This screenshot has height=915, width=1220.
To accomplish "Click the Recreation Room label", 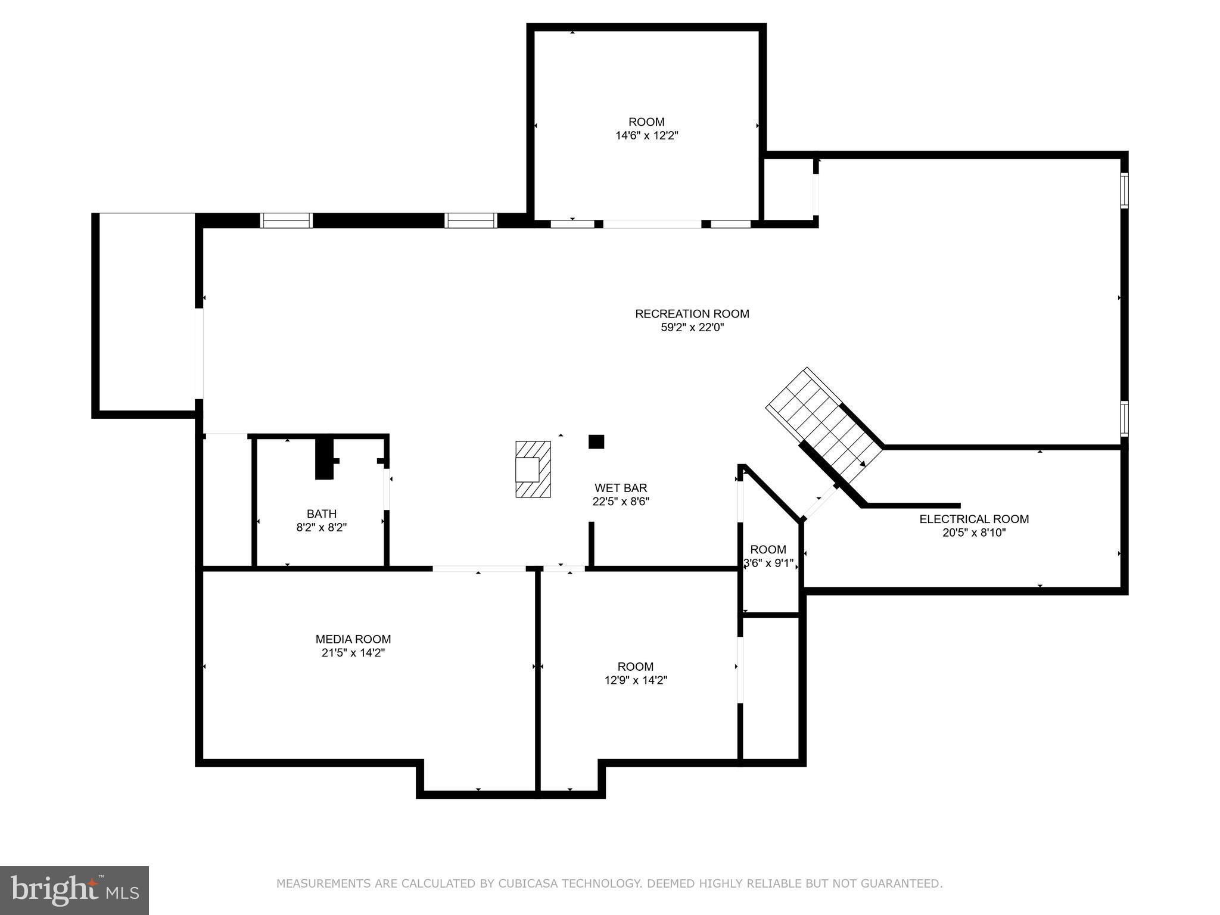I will point(692,314).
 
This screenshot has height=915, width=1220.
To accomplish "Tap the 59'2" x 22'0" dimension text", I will point(692,328).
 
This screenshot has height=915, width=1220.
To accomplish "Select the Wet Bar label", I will point(620,488).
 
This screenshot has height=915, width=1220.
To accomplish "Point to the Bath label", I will point(322,513).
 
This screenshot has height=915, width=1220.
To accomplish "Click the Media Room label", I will point(353,639).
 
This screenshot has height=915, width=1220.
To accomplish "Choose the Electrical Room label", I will point(974,519).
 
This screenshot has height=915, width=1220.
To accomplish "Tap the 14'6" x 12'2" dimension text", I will point(646,136).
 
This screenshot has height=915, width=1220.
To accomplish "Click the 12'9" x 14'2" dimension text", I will point(636,680).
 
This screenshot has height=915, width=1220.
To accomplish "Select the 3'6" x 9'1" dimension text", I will point(768,563).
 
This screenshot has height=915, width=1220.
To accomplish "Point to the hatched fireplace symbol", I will point(533,469).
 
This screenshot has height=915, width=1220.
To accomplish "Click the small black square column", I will point(596,441).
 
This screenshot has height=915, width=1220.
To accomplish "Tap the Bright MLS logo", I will point(74,890).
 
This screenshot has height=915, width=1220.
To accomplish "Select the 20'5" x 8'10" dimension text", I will point(974,533).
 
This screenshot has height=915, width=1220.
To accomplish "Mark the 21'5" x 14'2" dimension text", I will point(353,653).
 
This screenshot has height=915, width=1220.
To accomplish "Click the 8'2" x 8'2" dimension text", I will point(322,527).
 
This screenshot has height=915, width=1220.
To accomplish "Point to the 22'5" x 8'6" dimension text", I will point(620,502).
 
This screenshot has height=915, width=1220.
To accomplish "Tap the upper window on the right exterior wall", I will point(1124,191).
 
